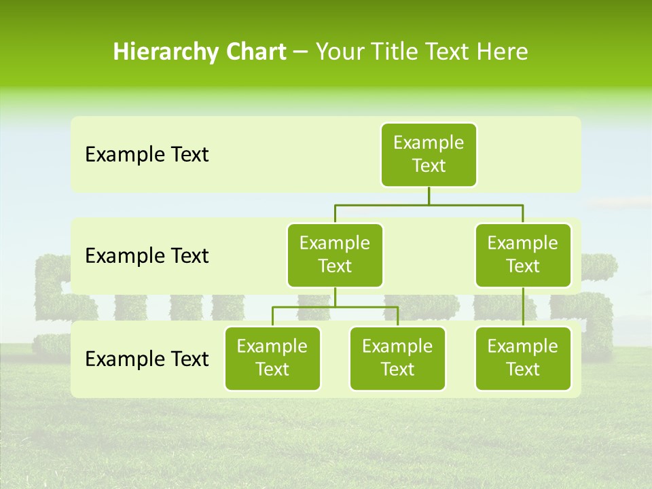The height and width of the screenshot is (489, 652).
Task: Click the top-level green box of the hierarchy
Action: (x=429, y=155)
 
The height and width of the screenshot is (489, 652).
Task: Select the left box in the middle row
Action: (x=335, y=255)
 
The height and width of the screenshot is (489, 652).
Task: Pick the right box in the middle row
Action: (x=523, y=255)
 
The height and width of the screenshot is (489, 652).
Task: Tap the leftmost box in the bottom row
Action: (x=272, y=359)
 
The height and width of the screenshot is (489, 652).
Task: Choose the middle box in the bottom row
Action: (x=397, y=359)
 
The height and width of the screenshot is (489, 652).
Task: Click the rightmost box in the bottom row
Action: (x=523, y=359)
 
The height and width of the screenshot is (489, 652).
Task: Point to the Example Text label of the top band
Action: (x=147, y=155)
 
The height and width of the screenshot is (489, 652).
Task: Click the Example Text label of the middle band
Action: (x=147, y=256)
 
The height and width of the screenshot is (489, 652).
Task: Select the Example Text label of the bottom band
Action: (x=147, y=359)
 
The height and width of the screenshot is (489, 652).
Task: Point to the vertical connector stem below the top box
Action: (x=429, y=196)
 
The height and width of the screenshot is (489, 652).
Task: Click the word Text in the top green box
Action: (x=429, y=166)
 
